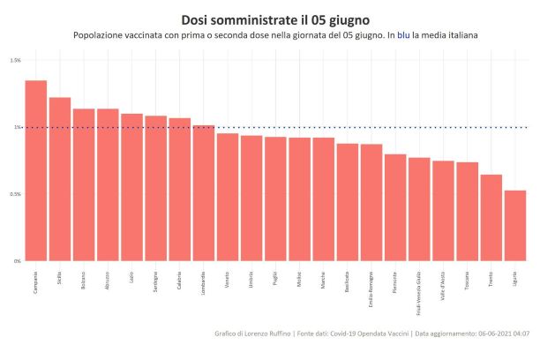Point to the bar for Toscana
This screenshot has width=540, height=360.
tap(468, 212)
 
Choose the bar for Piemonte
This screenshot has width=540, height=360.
tap(395, 207)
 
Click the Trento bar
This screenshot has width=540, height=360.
tap(491, 218)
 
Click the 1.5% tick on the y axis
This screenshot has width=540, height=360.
tap(16, 60)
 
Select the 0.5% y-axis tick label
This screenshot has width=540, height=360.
tap(16, 194)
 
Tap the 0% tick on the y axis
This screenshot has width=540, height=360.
tap(18, 261)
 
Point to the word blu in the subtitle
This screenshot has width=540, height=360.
tap(404, 35)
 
